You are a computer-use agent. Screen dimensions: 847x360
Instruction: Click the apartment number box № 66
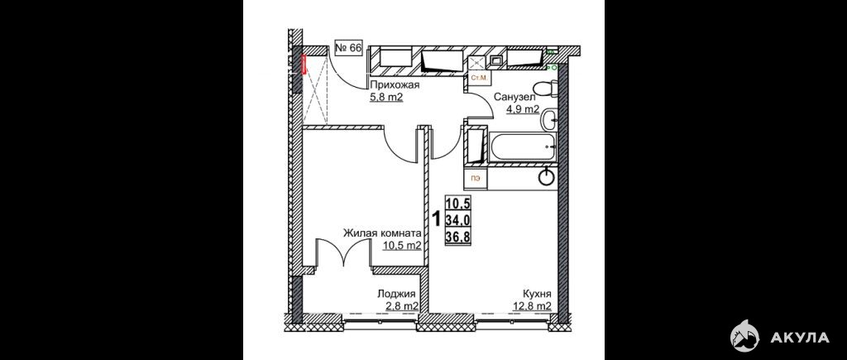pyautogui.click(x=348, y=48)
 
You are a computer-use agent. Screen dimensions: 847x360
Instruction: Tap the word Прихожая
pyautogui.click(x=395, y=85)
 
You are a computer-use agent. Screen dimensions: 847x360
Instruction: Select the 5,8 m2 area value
pyautogui.click(x=387, y=98)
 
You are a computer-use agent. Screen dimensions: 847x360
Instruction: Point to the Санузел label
pyautogui.click(x=514, y=98)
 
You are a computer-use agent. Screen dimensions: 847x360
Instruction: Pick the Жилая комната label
pyautogui.click(x=382, y=233)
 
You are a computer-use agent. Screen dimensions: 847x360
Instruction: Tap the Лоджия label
pyautogui.click(x=396, y=294)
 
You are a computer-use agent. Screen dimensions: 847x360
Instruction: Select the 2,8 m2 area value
pyautogui.click(x=401, y=306)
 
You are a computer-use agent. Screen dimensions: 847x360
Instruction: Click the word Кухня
pyautogui.click(x=536, y=294)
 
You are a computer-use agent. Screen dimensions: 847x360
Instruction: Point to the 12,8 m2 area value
pyautogui.click(x=532, y=306)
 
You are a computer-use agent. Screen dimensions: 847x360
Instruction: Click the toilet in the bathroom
pyautogui.click(x=543, y=88)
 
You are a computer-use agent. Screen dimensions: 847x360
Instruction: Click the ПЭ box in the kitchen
pyautogui.click(x=476, y=179)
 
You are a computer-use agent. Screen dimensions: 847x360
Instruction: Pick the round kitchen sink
pyautogui.click(x=548, y=177)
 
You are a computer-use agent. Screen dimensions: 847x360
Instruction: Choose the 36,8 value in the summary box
pyautogui.click(x=458, y=237)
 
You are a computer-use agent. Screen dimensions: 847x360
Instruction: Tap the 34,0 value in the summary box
pyautogui.click(x=458, y=220)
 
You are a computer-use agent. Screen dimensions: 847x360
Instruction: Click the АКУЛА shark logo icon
pyautogui.click(x=744, y=336)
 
